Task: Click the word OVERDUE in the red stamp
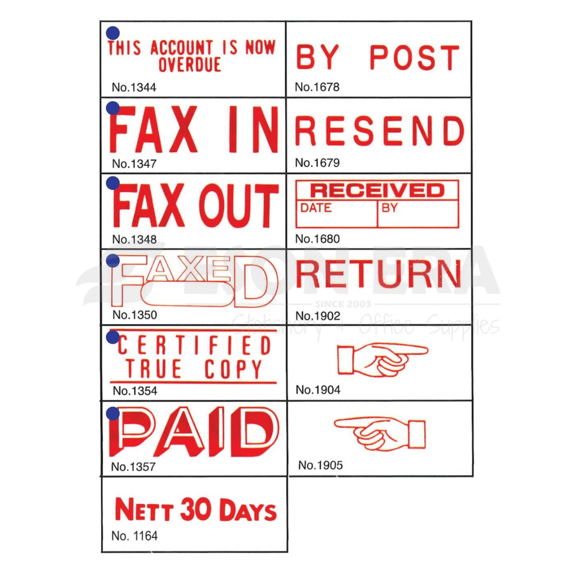pyautogui.click(x=190, y=65)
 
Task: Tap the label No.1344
pyautogui.click(x=134, y=87)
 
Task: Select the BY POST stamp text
pyautogui.click(x=378, y=57)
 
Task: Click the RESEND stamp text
pyautogui.click(x=380, y=130)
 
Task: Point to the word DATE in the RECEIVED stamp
pyautogui.click(x=316, y=208)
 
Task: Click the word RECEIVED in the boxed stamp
pyautogui.click(x=377, y=190)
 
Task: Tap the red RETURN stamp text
pyautogui.click(x=379, y=274)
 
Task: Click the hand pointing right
pyautogui.click(x=382, y=359)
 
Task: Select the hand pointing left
pyautogui.click(x=380, y=434)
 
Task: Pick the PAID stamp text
pyautogui.click(x=193, y=431)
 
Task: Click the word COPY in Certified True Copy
pyautogui.click(x=233, y=369)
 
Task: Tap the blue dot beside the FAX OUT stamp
pyautogui.click(x=112, y=183)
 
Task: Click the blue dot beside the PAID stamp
pyautogui.click(x=112, y=413)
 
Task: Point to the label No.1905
pyautogui.click(x=320, y=465)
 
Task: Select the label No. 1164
pyautogui.click(x=134, y=535)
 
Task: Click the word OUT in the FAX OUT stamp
pyautogui.click(x=238, y=205)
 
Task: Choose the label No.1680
pyautogui.click(x=317, y=238)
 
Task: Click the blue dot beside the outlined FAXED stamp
pyautogui.click(x=112, y=260)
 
